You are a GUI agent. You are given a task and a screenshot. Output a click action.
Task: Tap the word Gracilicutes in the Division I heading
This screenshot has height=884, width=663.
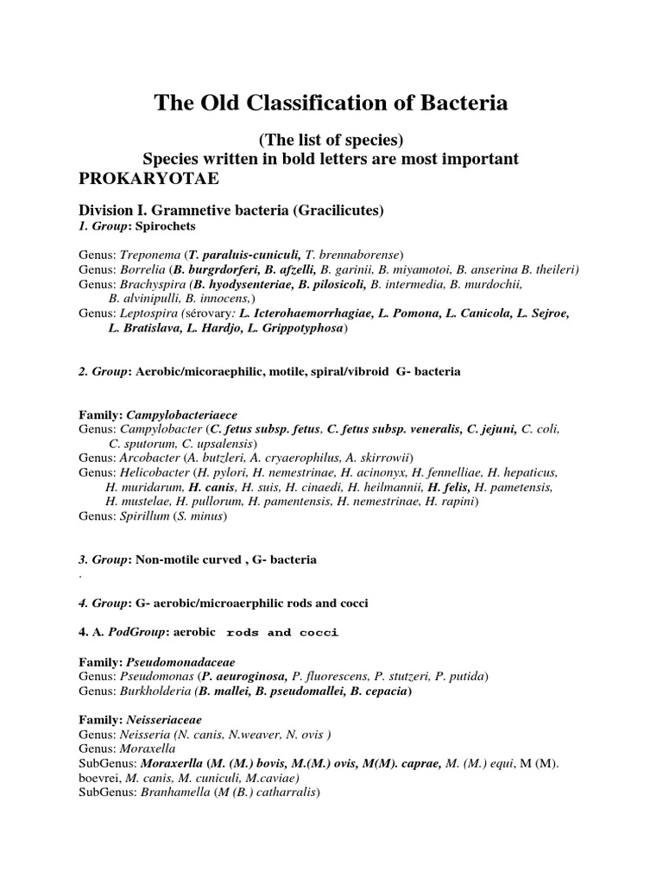[340, 210]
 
